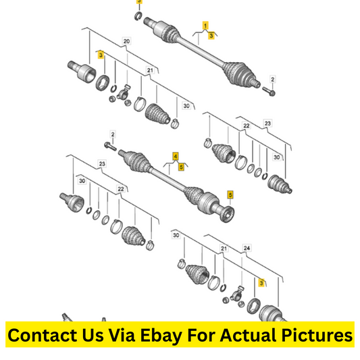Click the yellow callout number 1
tap(205, 26)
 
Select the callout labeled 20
tap(126, 41)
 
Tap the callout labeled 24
tap(247, 248)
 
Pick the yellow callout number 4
tap(176, 157)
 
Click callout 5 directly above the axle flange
tap(230, 195)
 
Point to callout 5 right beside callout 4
tap(181, 167)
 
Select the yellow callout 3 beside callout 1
tap(211, 35)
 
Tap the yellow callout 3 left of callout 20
tap(101, 55)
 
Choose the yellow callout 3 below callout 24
tap(261, 282)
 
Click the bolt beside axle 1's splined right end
tap(268, 91)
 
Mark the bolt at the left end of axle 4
tap(111, 147)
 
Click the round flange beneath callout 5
tap(227, 215)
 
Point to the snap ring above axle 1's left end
tap(138, 16)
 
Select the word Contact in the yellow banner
tap(43, 335)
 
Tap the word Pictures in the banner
tap(317, 335)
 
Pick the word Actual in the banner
tap(249, 335)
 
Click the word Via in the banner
tap(122, 335)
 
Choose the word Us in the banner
tap(93, 335)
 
